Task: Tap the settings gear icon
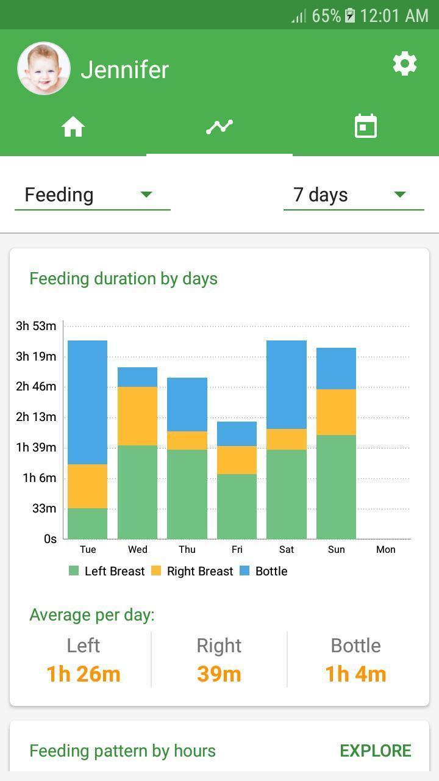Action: click(x=405, y=63)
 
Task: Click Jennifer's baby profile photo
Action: click(x=44, y=68)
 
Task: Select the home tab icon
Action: click(x=73, y=127)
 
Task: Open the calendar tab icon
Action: click(x=366, y=127)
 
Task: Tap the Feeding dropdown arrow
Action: click(x=146, y=195)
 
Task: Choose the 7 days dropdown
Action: click(x=353, y=195)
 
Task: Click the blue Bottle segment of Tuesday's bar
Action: click(x=87, y=402)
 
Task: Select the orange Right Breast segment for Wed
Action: click(x=137, y=416)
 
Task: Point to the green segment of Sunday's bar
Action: click(x=336, y=486)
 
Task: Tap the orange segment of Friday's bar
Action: click(x=237, y=460)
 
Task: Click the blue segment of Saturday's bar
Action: click(x=287, y=384)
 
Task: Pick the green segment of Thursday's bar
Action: click(x=187, y=494)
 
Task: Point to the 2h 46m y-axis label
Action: click(x=36, y=386)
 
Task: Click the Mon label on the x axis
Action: click(x=385, y=549)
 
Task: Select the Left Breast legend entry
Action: click(x=107, y=571)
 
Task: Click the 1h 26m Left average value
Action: click(x=84, y=674)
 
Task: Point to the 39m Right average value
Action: click(x=219, y=674)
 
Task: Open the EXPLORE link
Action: click(x=375, y=750)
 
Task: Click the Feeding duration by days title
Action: click(x=123, y=279)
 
